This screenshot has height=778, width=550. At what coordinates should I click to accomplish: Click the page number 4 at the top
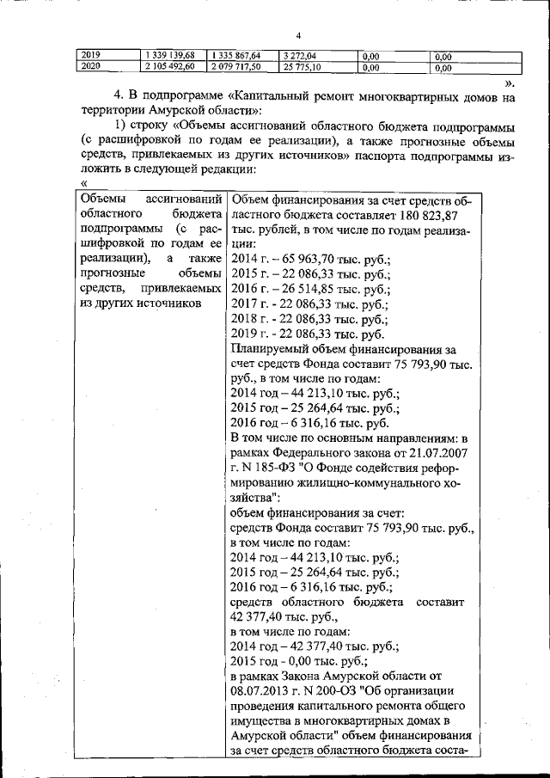(x=298, y=35)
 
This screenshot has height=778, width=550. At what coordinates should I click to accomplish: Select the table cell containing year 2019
(x=91, y=56)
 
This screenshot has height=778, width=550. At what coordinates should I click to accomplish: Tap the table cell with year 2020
(x=91, y=66)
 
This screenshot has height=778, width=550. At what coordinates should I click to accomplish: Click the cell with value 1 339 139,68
(x=172, y=56)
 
